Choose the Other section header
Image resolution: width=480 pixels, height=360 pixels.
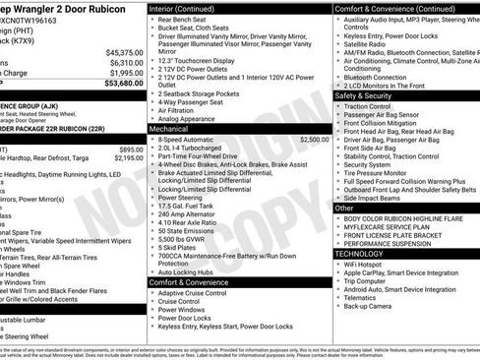tap(344, 208)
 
